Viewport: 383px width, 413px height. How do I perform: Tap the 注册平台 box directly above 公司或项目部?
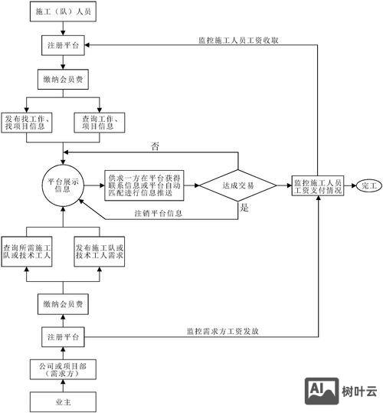pyautogui.click(x=63, y=337)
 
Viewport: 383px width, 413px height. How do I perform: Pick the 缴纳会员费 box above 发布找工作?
pyautogui.click(x=63, y=78)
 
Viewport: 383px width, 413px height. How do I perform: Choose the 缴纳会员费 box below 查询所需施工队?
pyautogui.click(x=63, y=305)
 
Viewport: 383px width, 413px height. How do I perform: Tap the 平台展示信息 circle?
pyautogui.click(x=63, y=185)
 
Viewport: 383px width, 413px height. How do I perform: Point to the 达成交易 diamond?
pyautogui.click(x=238, y=185)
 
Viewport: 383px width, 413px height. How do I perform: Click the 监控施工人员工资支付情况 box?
pyautogui.click(x=317, y=185)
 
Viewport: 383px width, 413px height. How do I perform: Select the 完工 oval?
pyautogui.click(x=368, y=185)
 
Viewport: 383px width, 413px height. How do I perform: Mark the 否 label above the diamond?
pyautogui.click(x=155, y=146)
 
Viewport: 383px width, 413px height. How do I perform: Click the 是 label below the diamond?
pyautogui.click(x=244, y=208)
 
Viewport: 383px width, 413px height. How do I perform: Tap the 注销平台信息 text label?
pyautogui.click(x=158, y=212)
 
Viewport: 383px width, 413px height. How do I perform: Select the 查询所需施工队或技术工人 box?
pyautogui.click(x=28, y=253)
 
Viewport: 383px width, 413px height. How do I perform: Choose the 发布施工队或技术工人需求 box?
pyautogui.click(x=98, y=253)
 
